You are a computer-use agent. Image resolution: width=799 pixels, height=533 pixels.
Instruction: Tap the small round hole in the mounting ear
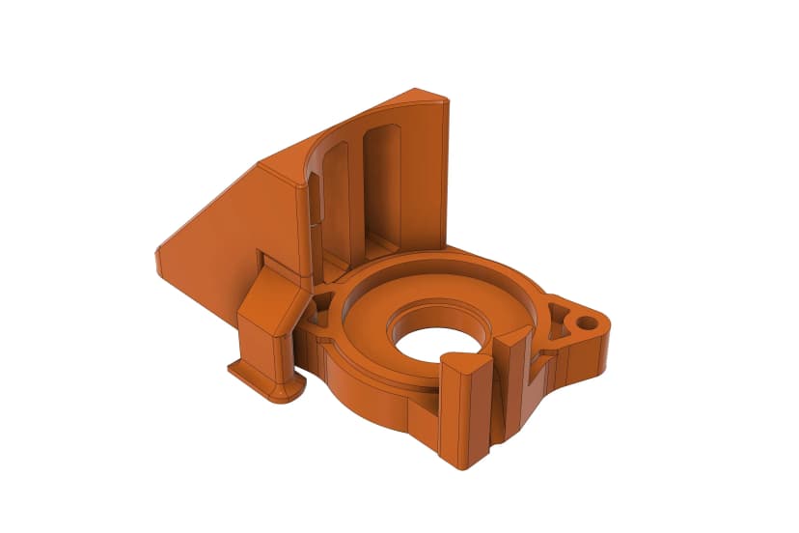[586, 318]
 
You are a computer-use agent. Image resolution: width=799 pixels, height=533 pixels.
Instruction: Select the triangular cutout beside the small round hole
[558, 313]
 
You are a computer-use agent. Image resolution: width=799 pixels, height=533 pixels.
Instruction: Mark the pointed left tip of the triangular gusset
[157, 258]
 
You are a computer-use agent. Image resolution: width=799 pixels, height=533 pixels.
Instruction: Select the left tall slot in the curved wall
[336, 198]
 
